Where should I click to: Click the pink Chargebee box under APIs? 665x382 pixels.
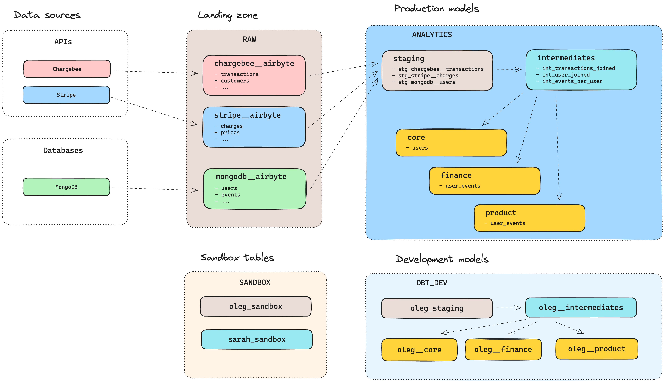tap(67, 69)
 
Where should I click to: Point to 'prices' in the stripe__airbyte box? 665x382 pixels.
tap(230, 133)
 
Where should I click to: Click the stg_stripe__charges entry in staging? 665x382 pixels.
tap(428, 76)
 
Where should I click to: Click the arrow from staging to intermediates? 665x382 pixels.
tap(509, 70)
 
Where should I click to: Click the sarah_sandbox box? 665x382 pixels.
tap(257, 339)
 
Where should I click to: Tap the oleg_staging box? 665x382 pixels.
tap(437, 308)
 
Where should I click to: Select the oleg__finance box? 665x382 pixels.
tap(503, 349)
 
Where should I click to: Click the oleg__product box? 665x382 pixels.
tap(597, 349)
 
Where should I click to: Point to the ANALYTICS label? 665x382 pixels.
tap(432, 35)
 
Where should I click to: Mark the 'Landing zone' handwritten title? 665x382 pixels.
tap(228, 15)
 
